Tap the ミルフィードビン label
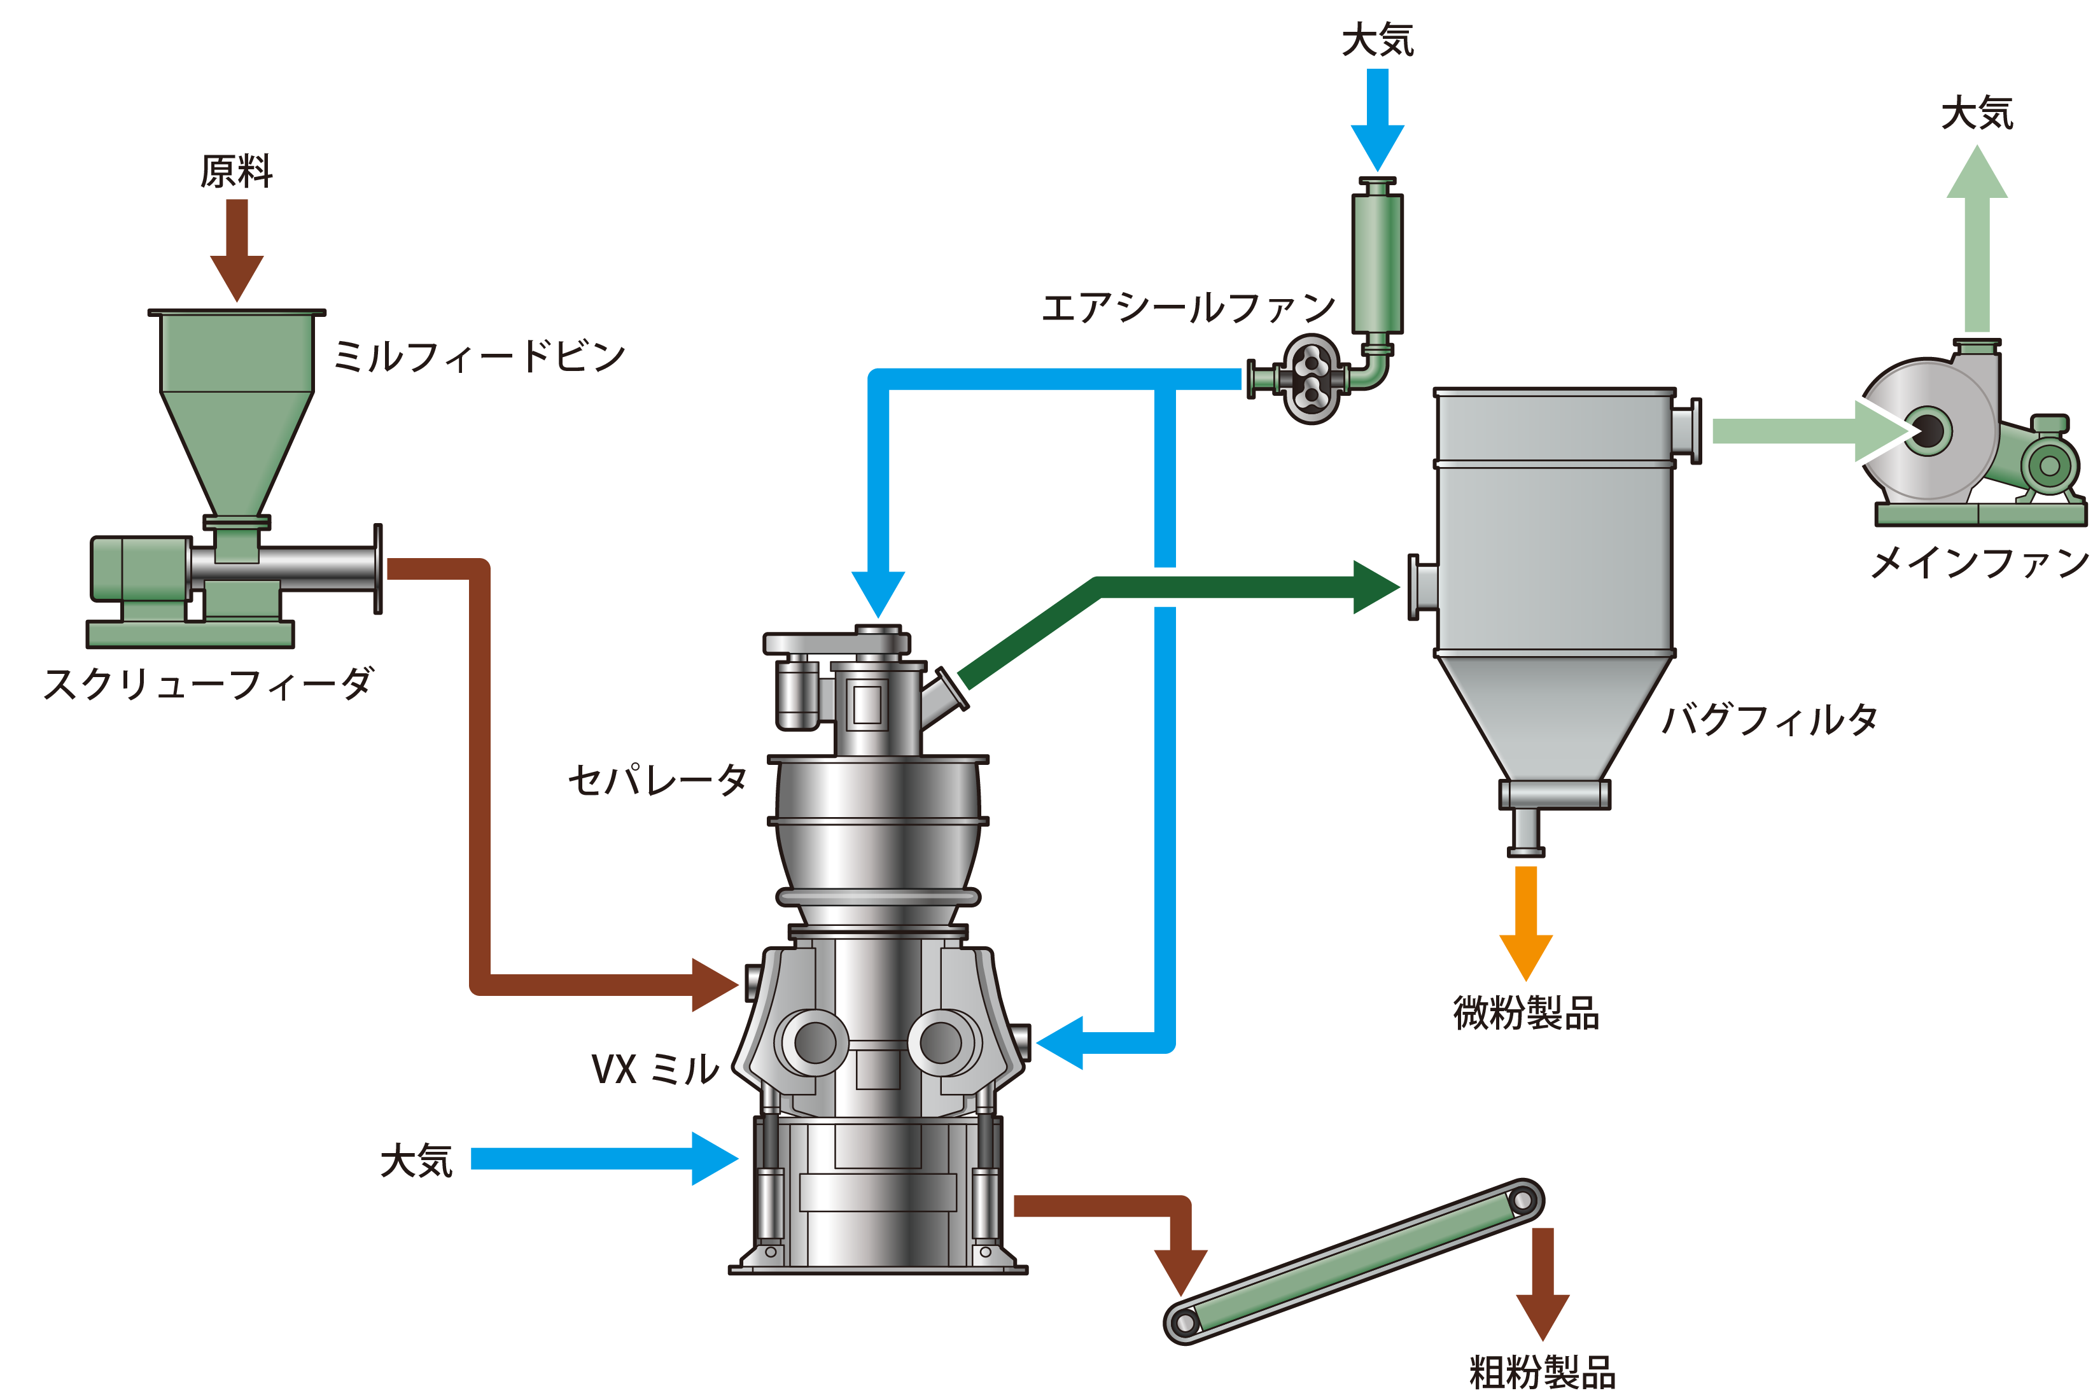click(x=479, y=356)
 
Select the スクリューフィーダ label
click(x=208, y=685)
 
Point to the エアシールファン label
click(x=1188, y=307)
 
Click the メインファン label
click(x=1980, y=563)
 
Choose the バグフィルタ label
click(x=1770, y=718)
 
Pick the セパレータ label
click(x=658, y=780)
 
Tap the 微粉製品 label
click(x=1526, y=1013)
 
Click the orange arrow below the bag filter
click(x=1526, y=923)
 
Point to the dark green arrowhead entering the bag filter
click(x=1376, y=587)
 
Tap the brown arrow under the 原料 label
click(x=237, y=250)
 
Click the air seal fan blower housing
click(x=1311, y=379)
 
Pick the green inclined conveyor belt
click(x=1354, y=1261)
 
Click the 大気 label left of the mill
click(x=417, y=1161)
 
